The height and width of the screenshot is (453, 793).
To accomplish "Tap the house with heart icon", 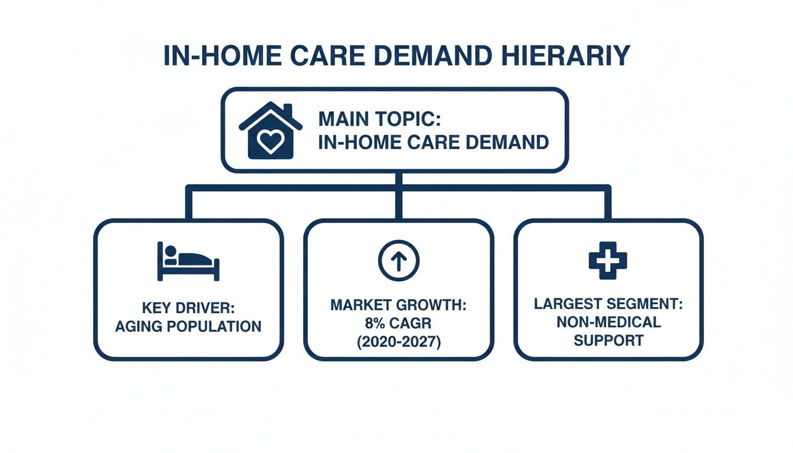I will [270, 131].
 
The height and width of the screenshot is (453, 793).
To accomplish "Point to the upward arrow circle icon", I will [398, 260].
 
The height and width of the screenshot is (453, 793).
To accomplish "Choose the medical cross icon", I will [608, 260].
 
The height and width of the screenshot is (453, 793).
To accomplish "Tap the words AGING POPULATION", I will [188, 326].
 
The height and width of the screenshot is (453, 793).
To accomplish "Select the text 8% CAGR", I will [398, 324].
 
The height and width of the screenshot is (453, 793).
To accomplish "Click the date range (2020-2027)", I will [398, 343].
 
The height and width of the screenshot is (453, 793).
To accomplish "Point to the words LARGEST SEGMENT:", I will [608, 304].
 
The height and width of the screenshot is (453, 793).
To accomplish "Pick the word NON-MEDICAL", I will [608, 323].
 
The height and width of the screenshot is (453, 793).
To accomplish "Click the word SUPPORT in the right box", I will [608, 341].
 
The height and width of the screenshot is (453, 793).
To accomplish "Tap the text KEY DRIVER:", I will [188, 308].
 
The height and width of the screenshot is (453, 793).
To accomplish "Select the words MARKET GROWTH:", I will [398, 306].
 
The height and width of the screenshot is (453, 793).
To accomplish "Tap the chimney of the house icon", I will [288, 111].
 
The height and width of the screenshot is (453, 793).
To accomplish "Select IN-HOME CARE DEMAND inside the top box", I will [433, 142].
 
